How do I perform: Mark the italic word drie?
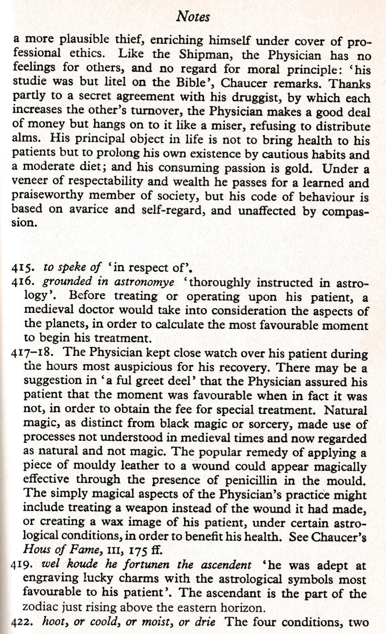[205, 622]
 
